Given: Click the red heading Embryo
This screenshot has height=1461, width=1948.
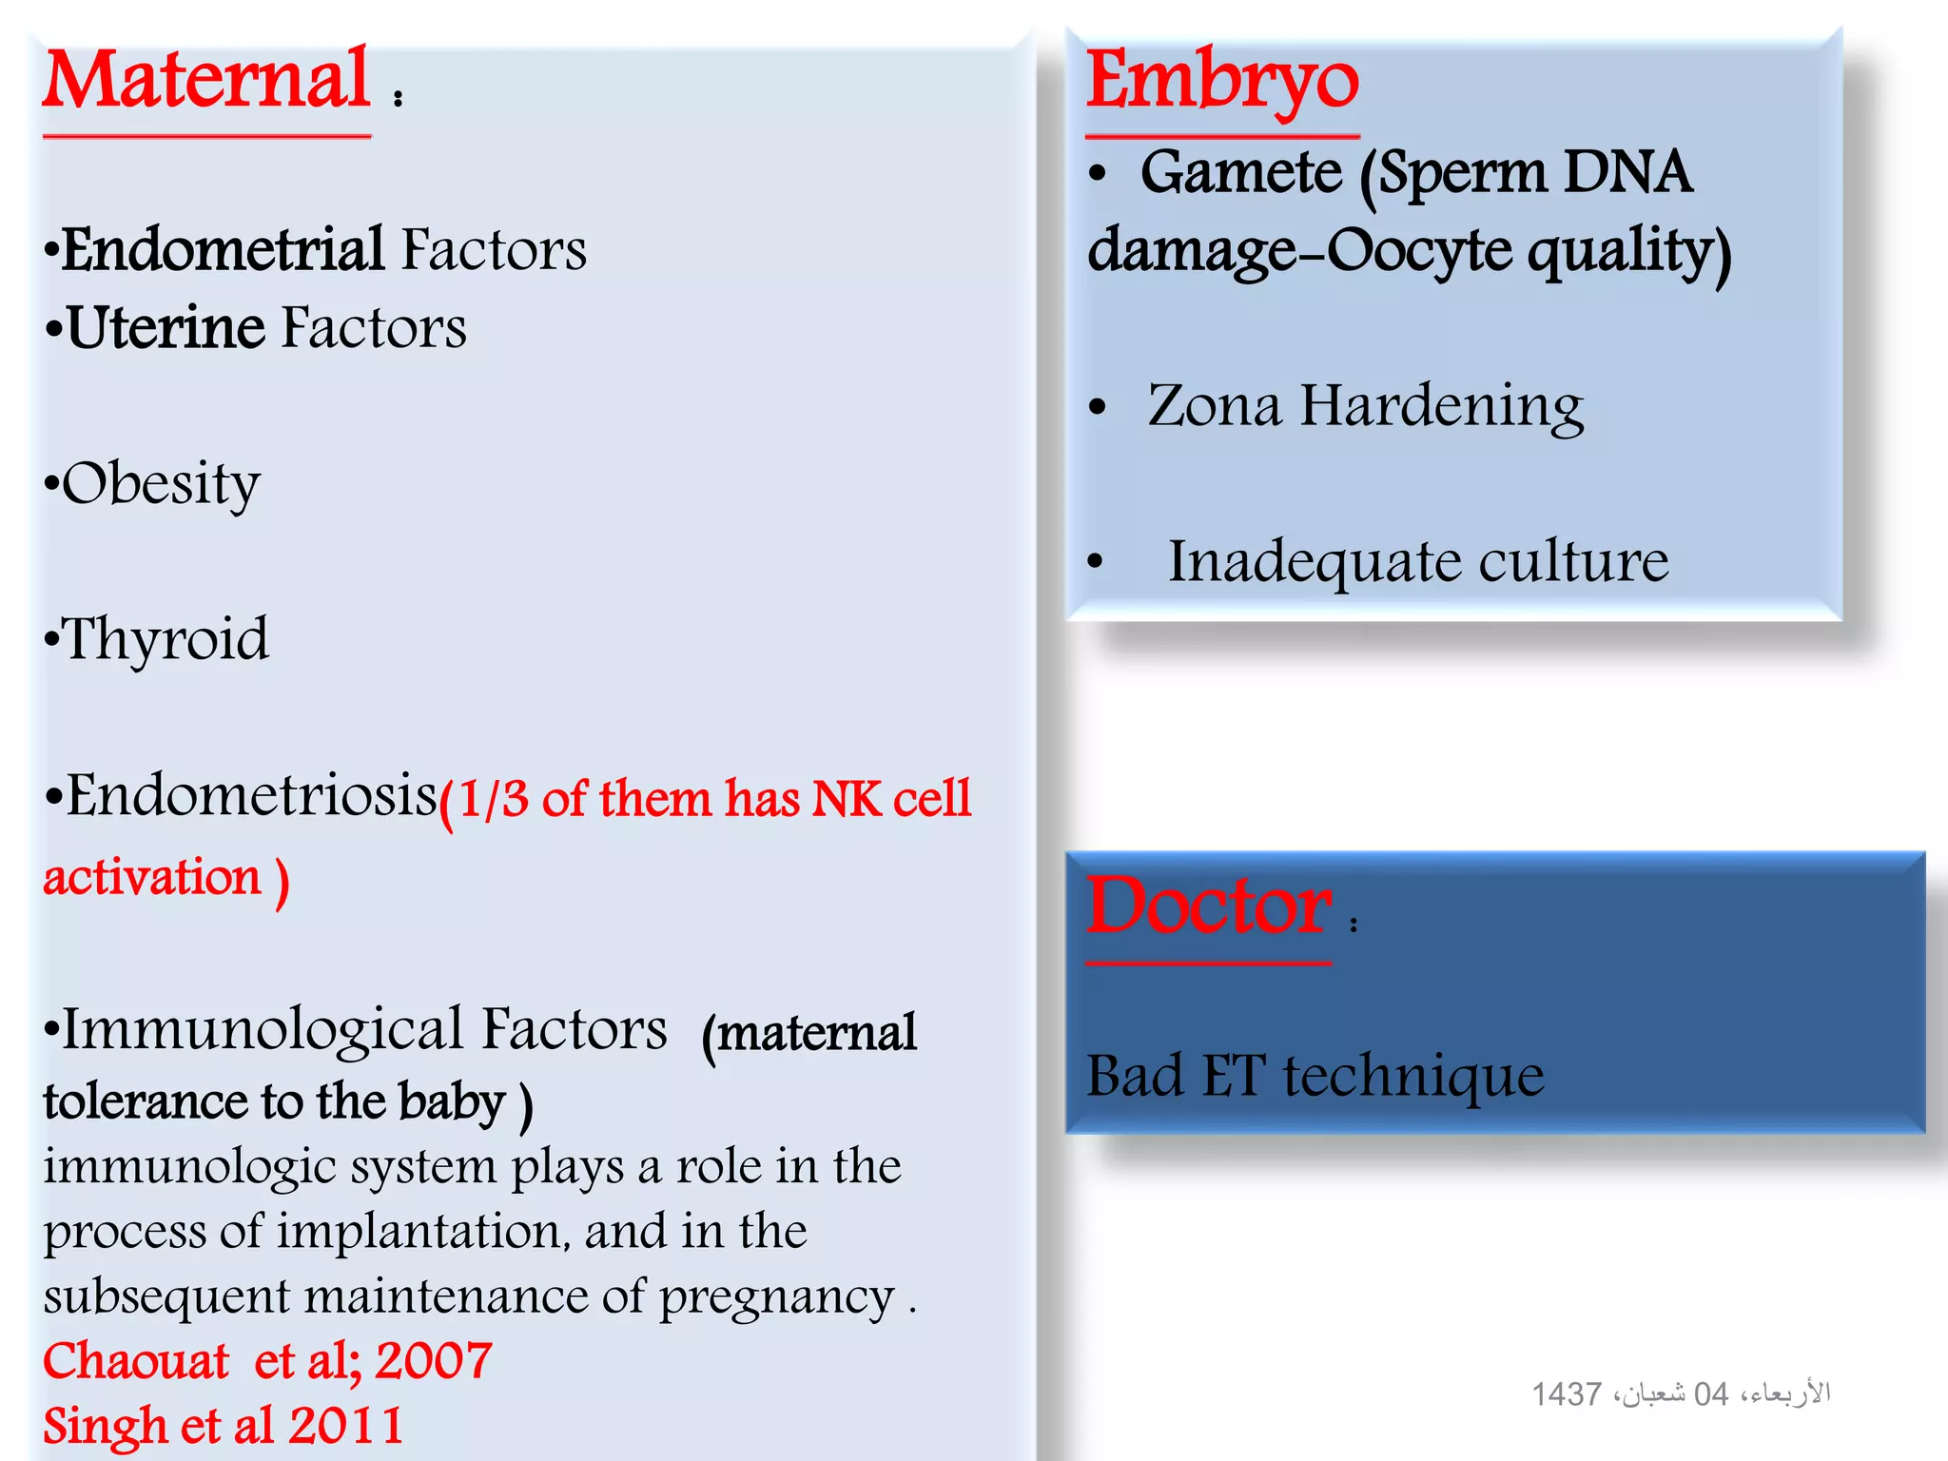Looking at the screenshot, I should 1222,83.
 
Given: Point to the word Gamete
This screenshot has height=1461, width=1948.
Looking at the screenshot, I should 1240,173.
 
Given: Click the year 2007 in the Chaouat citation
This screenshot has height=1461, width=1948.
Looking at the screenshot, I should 434,1361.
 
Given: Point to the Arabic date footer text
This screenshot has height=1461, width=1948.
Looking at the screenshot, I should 1680,1394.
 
